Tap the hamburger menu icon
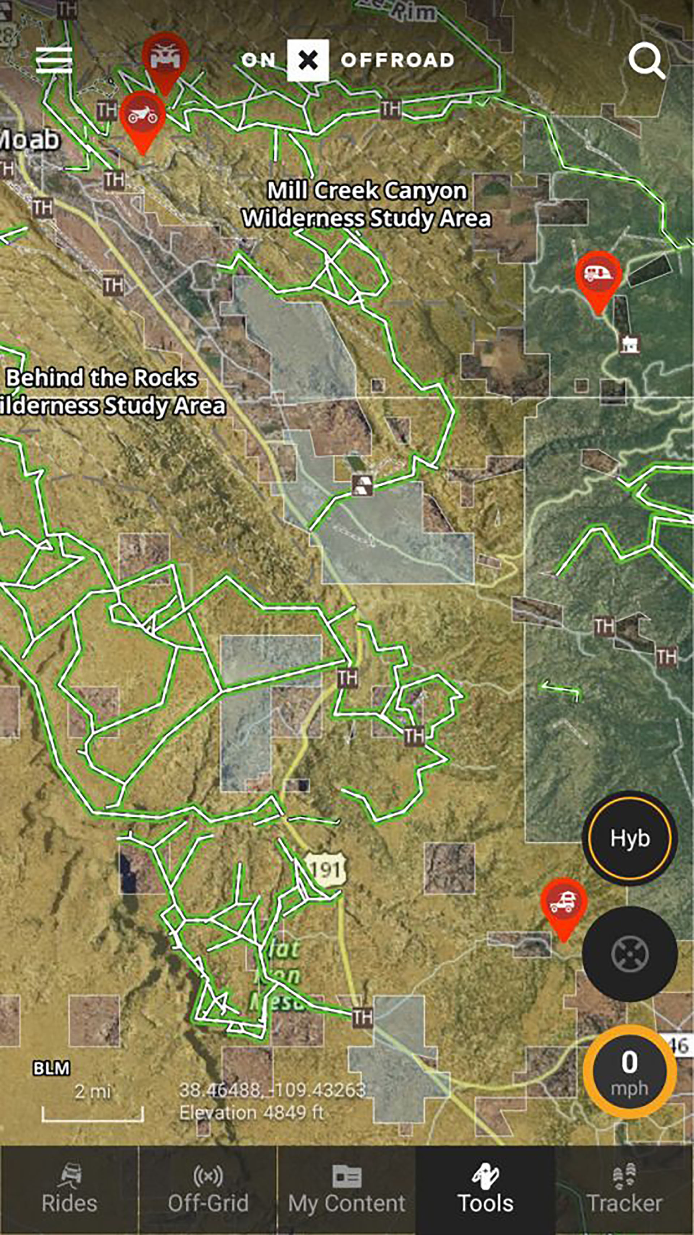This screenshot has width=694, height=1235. pos(54,60)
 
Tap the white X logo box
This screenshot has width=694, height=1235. pos(308,60)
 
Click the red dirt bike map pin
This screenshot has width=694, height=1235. pos(142,117)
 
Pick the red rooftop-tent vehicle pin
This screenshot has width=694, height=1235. pos(564,903)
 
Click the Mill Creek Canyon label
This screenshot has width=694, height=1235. pos(367,204)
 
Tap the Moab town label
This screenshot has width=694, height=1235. pos(30,140)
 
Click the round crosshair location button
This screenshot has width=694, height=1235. pos(630,954)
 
